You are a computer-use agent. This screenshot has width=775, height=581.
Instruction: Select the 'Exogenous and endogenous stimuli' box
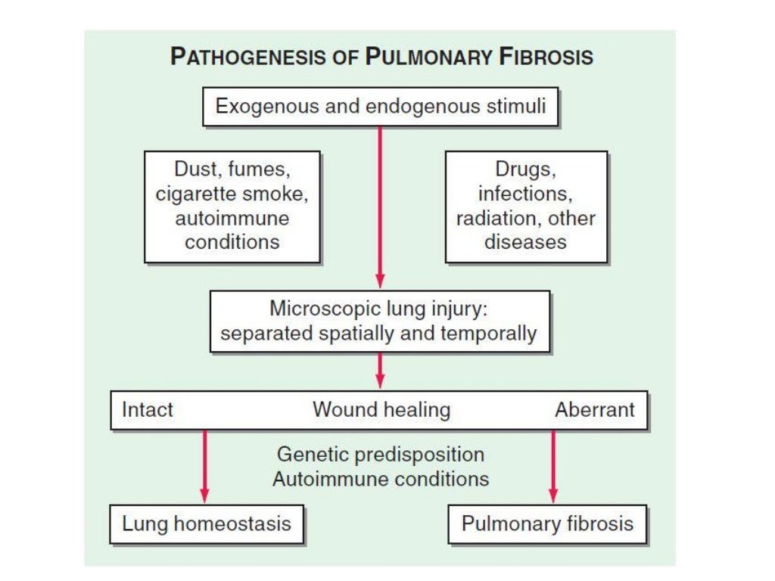pyautogui.click(x=380, y=106)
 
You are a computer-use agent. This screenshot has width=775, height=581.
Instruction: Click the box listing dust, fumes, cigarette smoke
pyautogui.click(x=232, y=207)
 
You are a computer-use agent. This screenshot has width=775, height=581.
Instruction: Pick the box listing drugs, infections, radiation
pyautogui.click(x=526, y=207)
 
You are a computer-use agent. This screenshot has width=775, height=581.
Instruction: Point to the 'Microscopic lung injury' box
pyautogui.click(x=379, y=322)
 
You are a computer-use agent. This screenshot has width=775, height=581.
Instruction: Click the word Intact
pyautogui.click(x=148, y=410)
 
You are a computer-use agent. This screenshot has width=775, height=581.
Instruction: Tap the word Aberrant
pyautogui.click(x=595, y=410)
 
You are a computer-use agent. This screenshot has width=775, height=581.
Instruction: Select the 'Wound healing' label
pyautogui.click(x=381, y=410)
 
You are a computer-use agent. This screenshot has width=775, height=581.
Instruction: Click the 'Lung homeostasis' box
pyautogui.click(x=207, y=524)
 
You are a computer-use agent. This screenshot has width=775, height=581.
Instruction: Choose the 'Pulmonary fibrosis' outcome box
pyautogui.click(x=547, y=524)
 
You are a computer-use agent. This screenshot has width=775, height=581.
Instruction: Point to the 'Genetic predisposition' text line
pyautogui.click(x=381, y=455)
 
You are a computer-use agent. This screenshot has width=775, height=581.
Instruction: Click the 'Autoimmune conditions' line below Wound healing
pyautogui.click(x=381, y=479)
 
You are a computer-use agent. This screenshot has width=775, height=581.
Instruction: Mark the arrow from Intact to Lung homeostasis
pyautogui.click(x=204, y=465)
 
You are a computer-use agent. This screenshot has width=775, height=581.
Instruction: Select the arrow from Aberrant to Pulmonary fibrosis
pyautogui.click(x=553, y=465)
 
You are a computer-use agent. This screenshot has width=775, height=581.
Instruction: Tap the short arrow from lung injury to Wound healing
pyautogui.click(x=380, y=371)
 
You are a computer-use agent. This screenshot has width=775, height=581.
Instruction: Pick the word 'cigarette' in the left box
pyautogui.click(x=193, y=194)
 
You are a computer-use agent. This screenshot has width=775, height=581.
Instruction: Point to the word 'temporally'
pyautogui.click(x=491, y=334)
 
